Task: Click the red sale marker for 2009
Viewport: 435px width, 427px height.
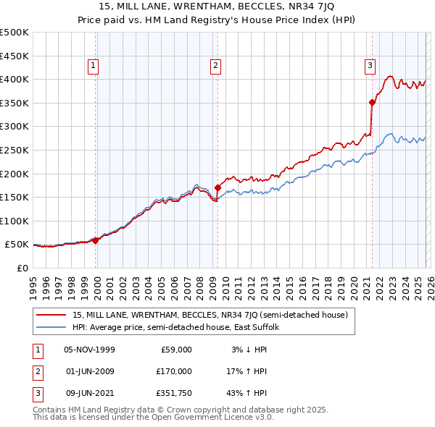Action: pyautogui.click(x=217, y=188)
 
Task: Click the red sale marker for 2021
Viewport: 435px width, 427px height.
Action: pyautogui.click(x=372, y=102)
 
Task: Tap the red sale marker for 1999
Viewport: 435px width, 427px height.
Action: pyautogui.click(x=96, y=240)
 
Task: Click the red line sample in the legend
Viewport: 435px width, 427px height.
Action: pyautogui.click(x=52, y=315)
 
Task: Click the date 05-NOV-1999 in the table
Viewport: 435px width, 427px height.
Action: pyautogui.click(x=89, y=350)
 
